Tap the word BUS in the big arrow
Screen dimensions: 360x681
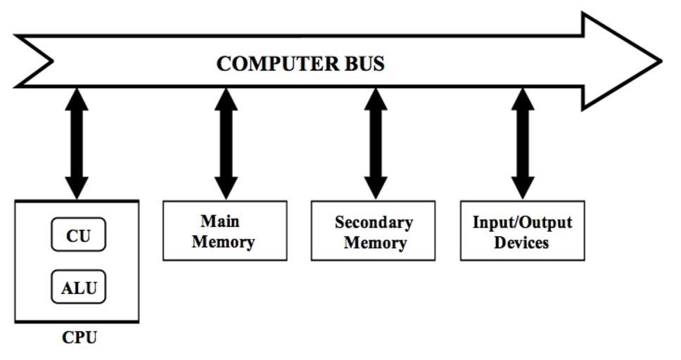click(x=364, y=64)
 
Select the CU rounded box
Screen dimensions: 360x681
click(x=78, y=236)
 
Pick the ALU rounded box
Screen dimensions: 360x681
click(x=78, y=288)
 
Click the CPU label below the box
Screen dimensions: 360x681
click(x=79, y=337)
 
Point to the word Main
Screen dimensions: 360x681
click(x=220, y=221)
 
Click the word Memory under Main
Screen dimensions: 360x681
click(x=223, y=243)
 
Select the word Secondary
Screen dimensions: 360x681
click(x=374, y=223)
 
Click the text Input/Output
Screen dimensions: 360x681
click(x=522, y=223)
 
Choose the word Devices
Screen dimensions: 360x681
click(x=521, y=243)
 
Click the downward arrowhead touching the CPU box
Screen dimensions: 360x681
click(x=77, y=186)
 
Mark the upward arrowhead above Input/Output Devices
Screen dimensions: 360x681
click(x=522, y=99)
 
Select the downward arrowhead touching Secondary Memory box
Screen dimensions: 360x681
click(x=376, y=186)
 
